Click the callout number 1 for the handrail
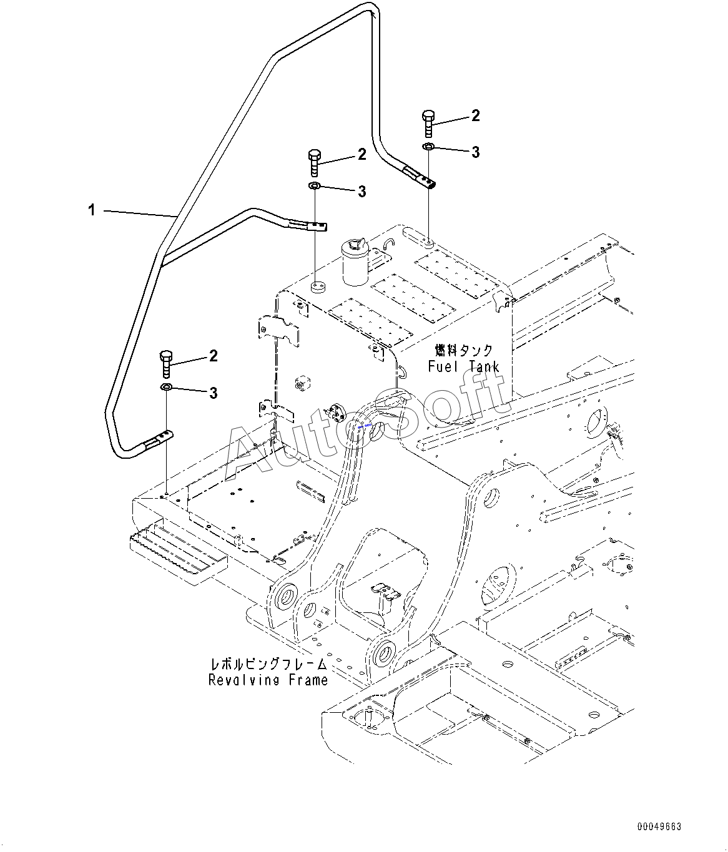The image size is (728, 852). [x=92, y=210]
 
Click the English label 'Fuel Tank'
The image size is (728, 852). [x=464, y=366]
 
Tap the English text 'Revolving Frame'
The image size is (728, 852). [x=268, y=680]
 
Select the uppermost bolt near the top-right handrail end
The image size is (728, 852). [x=428, y=124]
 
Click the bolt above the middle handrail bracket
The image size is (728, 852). [x=314, y=163]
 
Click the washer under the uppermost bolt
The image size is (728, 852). [x=428, y=146]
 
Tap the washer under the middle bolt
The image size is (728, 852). [x=314, y=185]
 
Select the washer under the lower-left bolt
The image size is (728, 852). [x=166, y=387]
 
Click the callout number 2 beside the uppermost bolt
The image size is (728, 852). [x=476, y=116]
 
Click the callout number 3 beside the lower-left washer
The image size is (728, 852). [x=213, y=393]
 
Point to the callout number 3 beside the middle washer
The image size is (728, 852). [x=362, y=191]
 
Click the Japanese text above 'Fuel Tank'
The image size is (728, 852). [x=464, y=350]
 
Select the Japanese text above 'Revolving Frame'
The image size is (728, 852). [x=268, y=664]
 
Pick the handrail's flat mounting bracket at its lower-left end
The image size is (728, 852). [x=158, y=439]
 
